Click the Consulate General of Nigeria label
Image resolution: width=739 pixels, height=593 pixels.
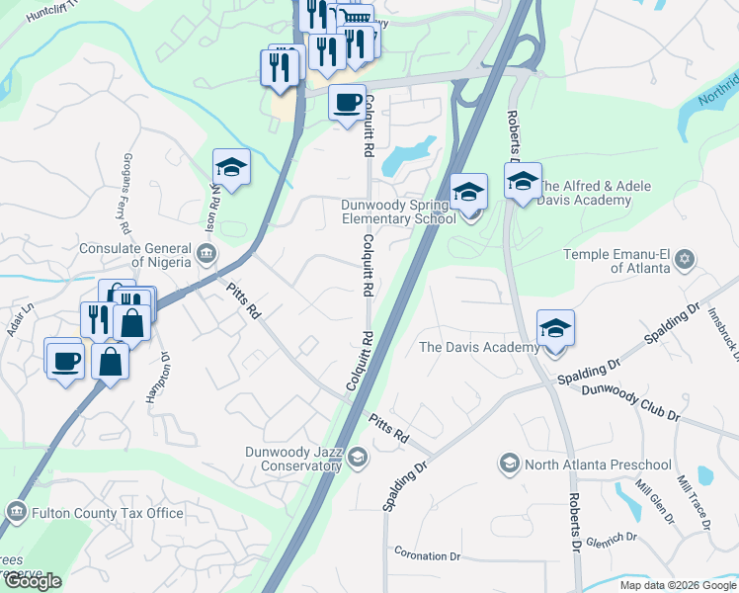click(134, 255)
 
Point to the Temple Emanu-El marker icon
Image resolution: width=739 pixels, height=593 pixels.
click(684, 261)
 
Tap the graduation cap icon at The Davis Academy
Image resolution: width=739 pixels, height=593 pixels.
click(555, 329)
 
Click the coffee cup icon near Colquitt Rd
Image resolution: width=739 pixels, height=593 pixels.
click(347, 102)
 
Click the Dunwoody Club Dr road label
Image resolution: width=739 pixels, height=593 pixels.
click(630, 403)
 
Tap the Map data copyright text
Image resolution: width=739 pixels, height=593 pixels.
click(678, 585)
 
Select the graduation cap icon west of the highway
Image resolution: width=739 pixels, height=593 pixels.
click(231, 167)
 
